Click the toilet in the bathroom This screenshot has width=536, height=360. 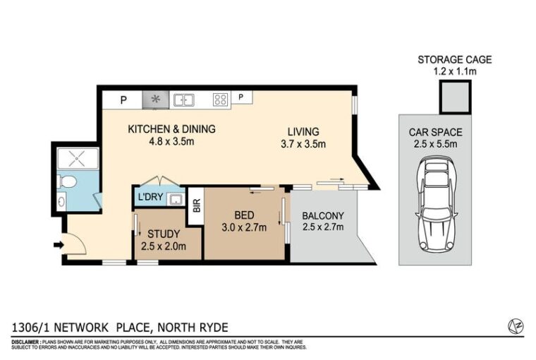tap(68, 181)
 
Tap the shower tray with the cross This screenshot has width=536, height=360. tap(78, 158)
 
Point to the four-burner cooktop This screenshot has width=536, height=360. tap(221, 100)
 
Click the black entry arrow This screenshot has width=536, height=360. tap(59, 245)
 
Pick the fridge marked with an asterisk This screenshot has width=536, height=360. tap(156, 100)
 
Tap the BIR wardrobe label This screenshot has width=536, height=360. tap(197, 205)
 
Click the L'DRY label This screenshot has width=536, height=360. tap(150, 197)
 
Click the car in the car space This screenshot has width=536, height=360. tap(435, 204)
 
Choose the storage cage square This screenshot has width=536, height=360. tap(455, 97)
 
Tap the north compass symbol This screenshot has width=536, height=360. tap(516, 326)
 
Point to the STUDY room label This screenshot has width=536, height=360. tap(164, 234)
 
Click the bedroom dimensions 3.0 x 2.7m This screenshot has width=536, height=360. tap(244, 227)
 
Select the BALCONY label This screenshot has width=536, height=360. tap(323, 215)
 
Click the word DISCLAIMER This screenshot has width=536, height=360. tap(25, 342)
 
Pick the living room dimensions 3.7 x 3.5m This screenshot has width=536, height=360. tap(303, 144)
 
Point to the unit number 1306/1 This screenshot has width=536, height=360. tap(31, 328)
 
